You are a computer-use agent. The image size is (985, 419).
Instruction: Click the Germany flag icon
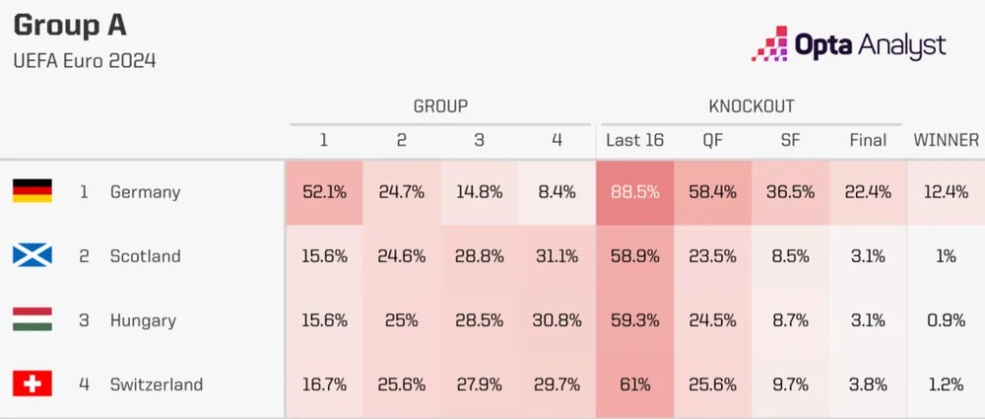click(x=32, y=191)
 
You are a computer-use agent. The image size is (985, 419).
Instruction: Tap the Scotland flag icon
click(x=32, y=255)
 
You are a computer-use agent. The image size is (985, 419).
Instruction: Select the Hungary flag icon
click(x=32, y=319)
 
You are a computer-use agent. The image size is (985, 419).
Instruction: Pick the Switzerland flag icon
click(x=32, y=384)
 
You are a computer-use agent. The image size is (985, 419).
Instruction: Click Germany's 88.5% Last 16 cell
click(x=634, y=191)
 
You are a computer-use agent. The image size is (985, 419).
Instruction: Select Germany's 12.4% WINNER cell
click(x=946, y=191)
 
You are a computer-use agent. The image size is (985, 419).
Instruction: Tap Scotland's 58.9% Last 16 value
click(x=634, y=255)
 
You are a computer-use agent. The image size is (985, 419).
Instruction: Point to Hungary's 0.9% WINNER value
click(x=946, y=319)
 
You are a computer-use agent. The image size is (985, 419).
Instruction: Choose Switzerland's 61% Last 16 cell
click(x=634, y=384)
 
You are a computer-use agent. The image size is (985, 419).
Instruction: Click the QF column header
click(x=712, y=140)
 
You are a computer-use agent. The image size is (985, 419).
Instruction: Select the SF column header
click(x=790, y=140)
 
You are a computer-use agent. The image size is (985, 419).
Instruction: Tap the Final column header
click(x=868, y=140)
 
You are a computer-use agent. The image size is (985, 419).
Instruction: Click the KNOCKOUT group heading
click(x=752, y=105)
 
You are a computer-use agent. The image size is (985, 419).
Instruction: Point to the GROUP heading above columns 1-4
click(x=440, y=105)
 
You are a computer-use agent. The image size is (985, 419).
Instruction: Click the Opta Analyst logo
click(x=848, y=44)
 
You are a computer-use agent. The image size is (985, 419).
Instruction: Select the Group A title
click(x=70, y=25)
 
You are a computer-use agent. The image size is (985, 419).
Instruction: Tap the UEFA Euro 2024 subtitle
click(x=85, y=60)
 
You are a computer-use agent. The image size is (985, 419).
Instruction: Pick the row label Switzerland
click(x=157, y=384)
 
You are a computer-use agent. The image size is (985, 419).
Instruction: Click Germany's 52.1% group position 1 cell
click(x=324, y=191)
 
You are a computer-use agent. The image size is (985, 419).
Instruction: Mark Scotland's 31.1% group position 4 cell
click(x=557, y=255)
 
